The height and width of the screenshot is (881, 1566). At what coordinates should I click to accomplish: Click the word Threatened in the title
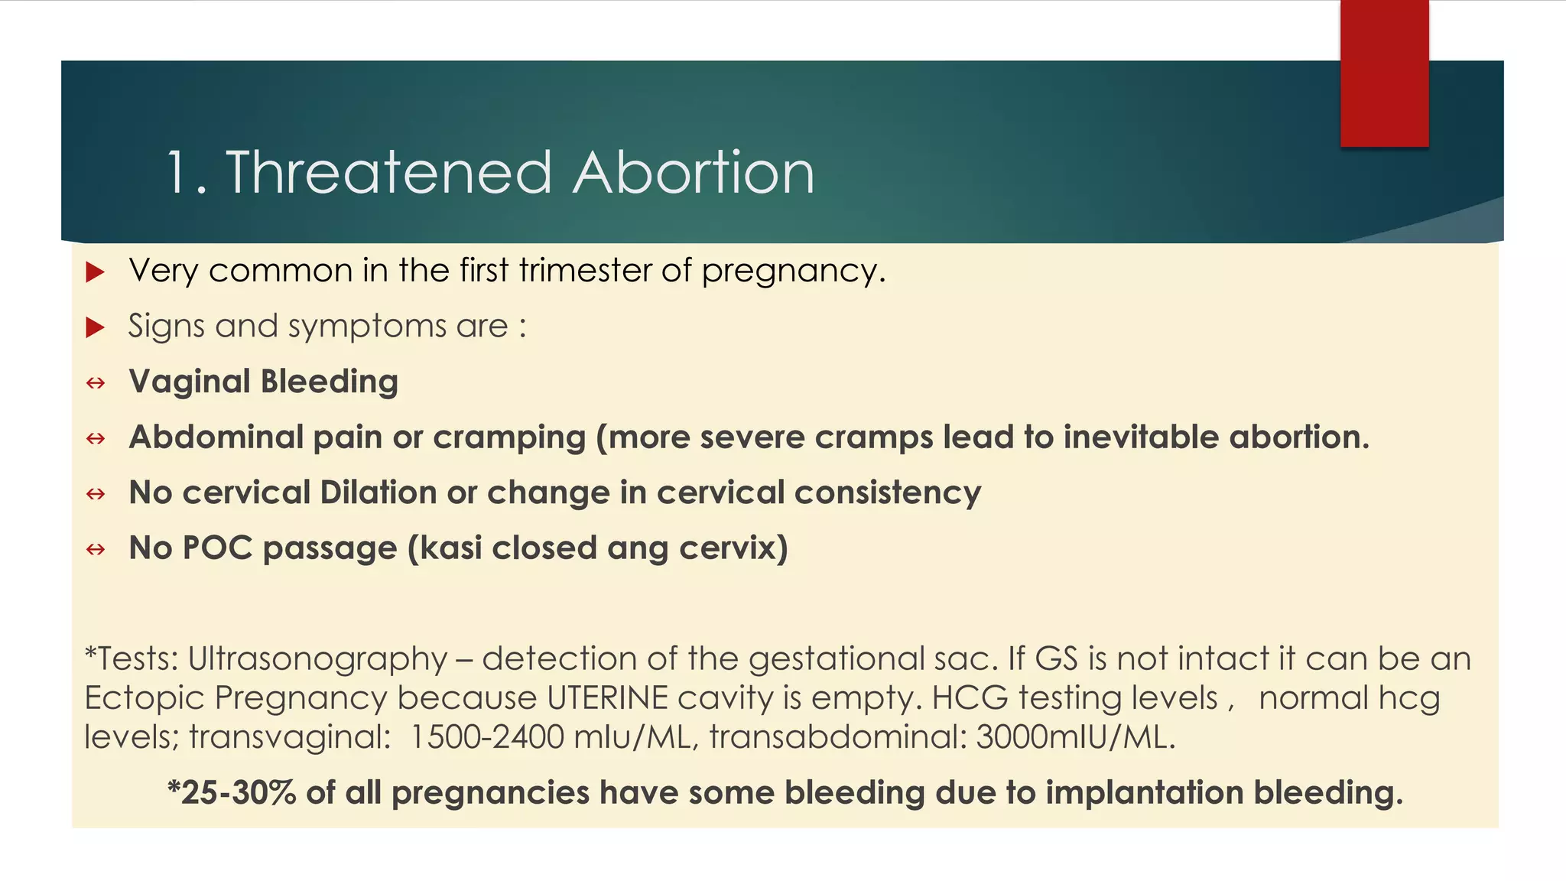coord(388,173)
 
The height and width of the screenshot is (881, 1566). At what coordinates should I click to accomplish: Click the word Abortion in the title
coord(694,173)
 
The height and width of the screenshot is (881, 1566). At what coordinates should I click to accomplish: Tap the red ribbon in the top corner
coord(1384,73)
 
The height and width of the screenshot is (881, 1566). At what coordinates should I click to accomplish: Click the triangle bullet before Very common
coord(95,271)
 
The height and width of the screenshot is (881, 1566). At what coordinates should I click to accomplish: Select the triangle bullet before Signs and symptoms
coord(95,327)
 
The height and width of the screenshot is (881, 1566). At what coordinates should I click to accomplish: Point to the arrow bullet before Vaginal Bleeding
coord(96,382)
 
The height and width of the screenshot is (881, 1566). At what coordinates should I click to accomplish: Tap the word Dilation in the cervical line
coord(379,493)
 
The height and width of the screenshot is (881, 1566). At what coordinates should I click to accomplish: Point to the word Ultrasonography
coord(317,659)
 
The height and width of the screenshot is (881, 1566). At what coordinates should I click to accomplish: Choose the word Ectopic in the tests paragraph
coord(145,698)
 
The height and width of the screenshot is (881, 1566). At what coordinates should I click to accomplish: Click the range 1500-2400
coord(486,737)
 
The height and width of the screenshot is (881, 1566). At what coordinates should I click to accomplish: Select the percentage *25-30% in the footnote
coord(232,793)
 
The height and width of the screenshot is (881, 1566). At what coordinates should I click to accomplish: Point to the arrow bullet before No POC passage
coord(96,549)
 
